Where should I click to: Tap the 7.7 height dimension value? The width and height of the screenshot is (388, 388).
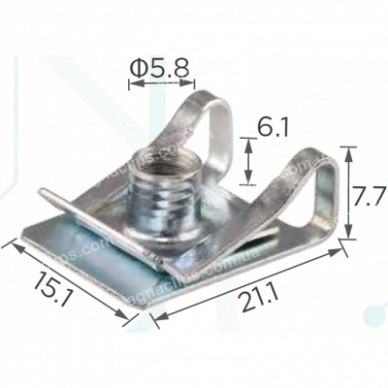[370, 196]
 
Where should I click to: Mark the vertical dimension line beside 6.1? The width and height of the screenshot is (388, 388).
[249, 160]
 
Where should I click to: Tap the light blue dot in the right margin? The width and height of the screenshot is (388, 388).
[370, 316]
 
